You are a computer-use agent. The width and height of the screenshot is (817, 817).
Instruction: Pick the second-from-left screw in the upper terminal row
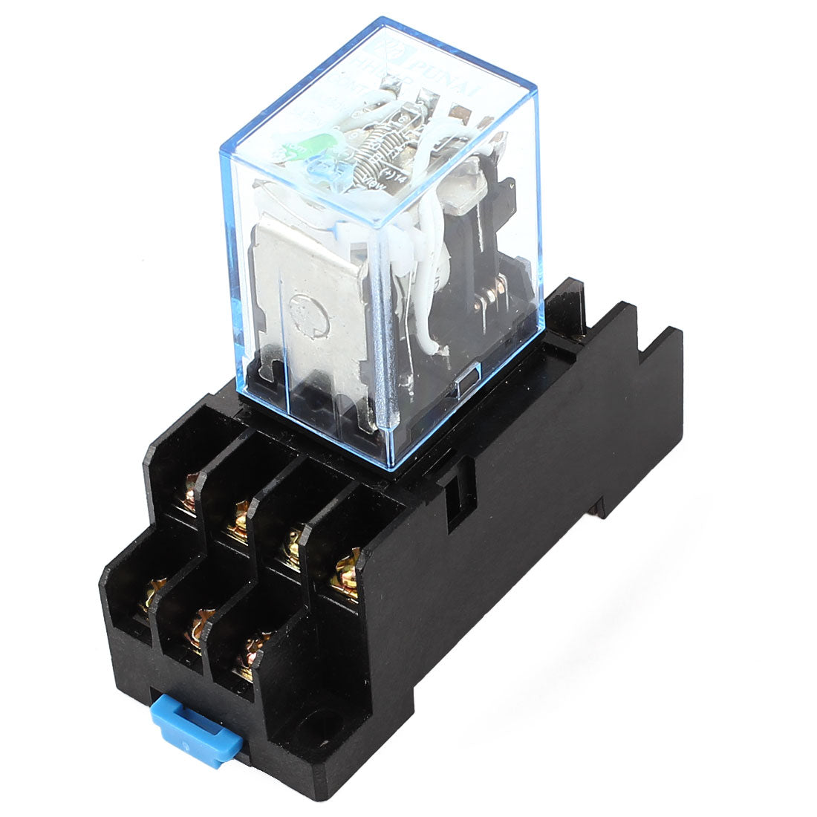238,520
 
